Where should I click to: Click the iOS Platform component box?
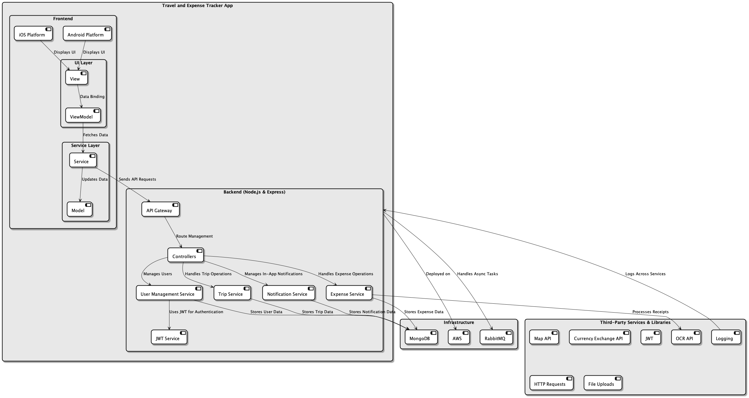pos(33,33)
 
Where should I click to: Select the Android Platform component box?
pos(87,33)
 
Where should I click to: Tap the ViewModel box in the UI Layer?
pos(83,115)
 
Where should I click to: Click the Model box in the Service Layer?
pos(80,209)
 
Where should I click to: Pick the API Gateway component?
pos(160,209)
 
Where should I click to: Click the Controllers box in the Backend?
pos(185,255)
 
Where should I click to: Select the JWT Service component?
pos(169,337)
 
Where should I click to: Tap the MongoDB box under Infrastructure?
pos(421,337)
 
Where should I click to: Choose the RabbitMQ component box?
pos(496,337)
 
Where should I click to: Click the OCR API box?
pos(686,337)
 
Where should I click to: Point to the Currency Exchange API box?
pos(599,337)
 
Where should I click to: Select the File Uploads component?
pos(603,383)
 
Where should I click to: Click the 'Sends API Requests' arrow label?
pos(137,179)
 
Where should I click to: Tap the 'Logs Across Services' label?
pos(645,274)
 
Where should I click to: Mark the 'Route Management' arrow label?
pos(194,236)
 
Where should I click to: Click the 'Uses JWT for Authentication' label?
pos(196,312)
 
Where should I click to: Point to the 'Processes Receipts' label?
pos(650,312)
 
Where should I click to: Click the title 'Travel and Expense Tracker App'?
pos(197,6)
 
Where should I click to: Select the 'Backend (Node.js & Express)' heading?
pos(254,192)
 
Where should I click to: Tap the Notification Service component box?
pos(288,293)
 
